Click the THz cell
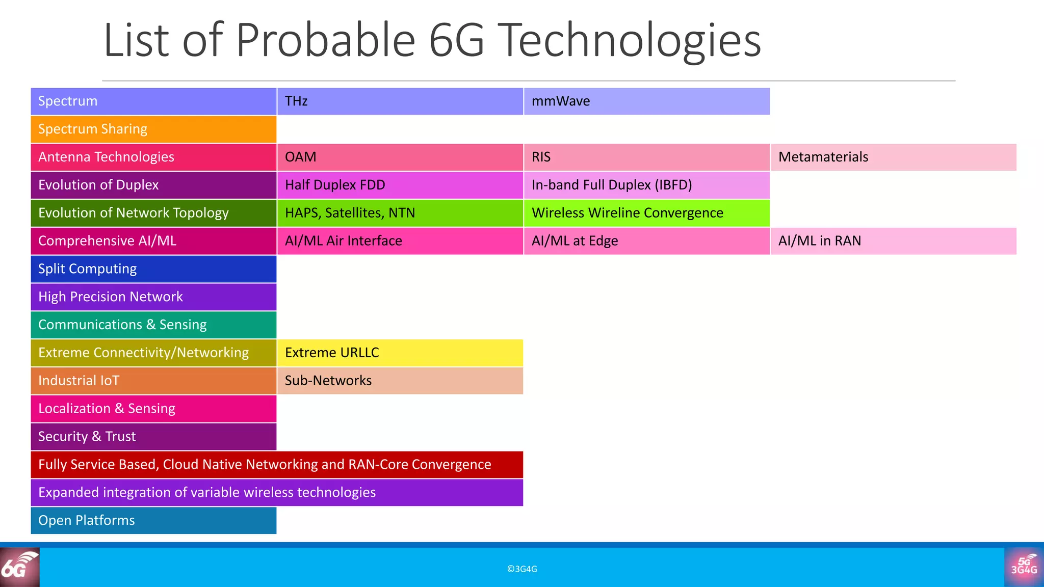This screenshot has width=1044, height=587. click(x=400, y=101)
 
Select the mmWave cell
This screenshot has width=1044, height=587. click(x=646, y=101)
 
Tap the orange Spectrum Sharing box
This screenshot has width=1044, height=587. click(x=153, y=129)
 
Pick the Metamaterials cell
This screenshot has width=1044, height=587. click(x=893, y=157)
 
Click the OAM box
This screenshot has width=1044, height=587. click(x=400, y=157)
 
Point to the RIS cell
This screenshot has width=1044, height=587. click(x=646, y=157)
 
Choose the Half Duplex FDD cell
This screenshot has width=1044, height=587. click(x=400, y=185)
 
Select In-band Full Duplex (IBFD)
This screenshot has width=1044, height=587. click(x=646, y=185)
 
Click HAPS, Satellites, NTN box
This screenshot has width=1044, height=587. click(x=400, y=213)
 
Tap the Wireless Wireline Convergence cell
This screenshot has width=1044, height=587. click(x=646, y=213)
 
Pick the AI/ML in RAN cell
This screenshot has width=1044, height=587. click(x=893, y=241)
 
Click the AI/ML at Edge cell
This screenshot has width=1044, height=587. click(x=646, y=241)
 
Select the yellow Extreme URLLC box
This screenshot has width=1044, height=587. click(x=400, y=353)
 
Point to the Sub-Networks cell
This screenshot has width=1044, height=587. click(x=400, y=381)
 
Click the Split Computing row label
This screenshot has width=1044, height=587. click(x=153, y=269)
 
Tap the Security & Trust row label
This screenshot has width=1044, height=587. click(x=153, y=437)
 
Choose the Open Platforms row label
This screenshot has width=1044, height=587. click(x=153, y=520)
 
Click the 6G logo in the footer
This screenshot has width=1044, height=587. click(x=19, y=567)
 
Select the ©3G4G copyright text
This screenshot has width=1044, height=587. click(x=522, y=569)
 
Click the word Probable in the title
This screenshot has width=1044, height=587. click(x=326, y=41)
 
